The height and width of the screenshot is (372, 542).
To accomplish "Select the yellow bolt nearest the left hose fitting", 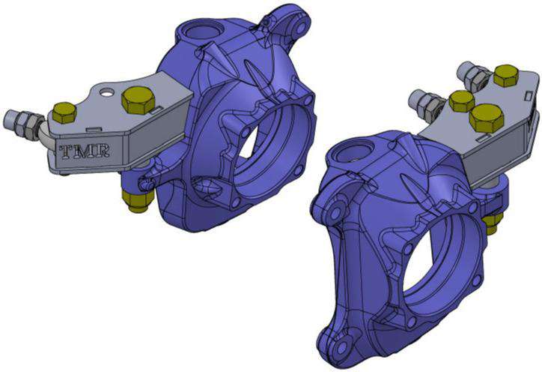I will pyautogui.click(x=65, y=113).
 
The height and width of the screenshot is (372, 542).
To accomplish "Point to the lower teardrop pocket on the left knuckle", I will pyautogui.click(x=204, y=184).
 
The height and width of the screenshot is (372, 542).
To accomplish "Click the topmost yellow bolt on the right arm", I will pyautogui.click(x=505, y=76).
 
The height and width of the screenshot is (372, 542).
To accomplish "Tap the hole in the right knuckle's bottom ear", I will pyautogui.click(x=344, y=351).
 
